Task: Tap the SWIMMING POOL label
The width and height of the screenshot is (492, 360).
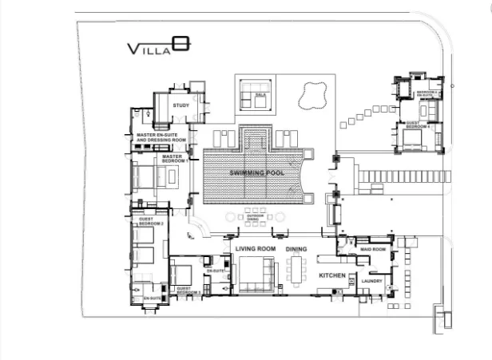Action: pos(253,173)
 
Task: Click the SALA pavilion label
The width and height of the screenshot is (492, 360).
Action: pos(260,95)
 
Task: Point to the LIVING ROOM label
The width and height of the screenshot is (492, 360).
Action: pos(256,250)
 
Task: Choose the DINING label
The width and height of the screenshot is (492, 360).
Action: pos(296,250)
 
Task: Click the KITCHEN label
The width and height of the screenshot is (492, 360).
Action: pos(332,275)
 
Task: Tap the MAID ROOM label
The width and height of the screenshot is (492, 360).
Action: pos(374,250)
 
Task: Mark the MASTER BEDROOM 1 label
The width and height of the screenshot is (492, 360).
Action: pos(173,158)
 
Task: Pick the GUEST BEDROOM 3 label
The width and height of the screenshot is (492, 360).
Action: pos(188,292)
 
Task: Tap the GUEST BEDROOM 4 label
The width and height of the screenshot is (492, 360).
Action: pos(418,125)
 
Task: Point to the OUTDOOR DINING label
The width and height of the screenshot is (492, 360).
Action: pos(255,216)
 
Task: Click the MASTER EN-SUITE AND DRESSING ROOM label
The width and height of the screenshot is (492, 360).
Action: pos(161,137)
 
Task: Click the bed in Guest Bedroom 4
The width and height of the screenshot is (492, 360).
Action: pos(414,141)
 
